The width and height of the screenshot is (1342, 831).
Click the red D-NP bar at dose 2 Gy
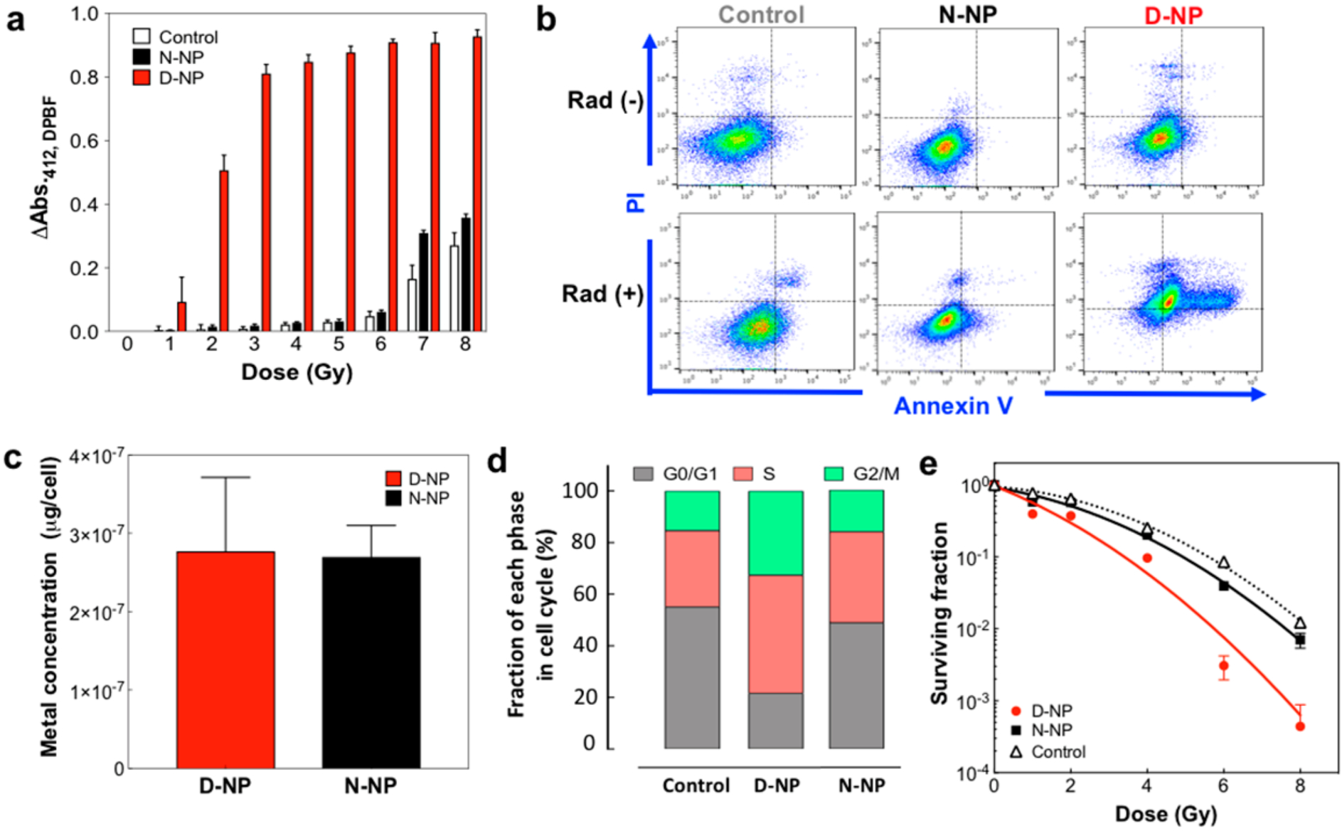(224, 250)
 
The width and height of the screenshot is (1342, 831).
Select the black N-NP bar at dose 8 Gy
(466, 275)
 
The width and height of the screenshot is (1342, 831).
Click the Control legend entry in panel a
(176, 37)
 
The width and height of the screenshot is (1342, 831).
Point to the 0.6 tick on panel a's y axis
(85, 141)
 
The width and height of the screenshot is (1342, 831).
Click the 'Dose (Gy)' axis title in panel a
(297, 372)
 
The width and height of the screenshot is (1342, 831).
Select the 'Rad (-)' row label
(605, 101)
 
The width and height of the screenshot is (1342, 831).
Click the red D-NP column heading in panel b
(1173, 15)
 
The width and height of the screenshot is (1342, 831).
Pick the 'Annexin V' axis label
(953, 406)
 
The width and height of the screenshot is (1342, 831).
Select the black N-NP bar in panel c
(371, 662)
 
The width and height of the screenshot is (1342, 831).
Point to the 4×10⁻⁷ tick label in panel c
(96, 455)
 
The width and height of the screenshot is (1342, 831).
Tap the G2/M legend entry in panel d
(861, 474)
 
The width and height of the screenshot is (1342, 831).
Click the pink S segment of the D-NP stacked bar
(775, 633)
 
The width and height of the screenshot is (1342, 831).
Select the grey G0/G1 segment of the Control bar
(692, 676)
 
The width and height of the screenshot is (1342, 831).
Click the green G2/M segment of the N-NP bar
(856, 511)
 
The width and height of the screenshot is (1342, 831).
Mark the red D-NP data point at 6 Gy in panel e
(1223, 667)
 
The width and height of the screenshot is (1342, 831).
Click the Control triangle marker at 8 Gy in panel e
(1300, 623)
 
